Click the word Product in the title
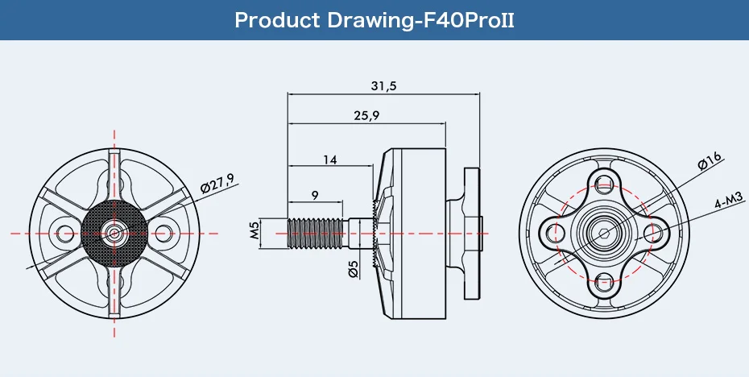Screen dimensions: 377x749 [x=277, y=21]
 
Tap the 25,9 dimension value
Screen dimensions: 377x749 [x=366, y=116]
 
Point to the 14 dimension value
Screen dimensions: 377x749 [x=330, y=159]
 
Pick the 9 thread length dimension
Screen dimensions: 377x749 [x=314, y=195]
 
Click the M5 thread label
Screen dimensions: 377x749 [x=254, y=232]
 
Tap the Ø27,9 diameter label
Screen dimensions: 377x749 [x=218, y=182]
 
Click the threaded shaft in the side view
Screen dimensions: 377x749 [x=317, y=232]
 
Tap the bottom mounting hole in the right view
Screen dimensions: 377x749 [x=604, y=281]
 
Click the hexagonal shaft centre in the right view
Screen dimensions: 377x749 [x=604, y=232]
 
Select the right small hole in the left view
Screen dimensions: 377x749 [x=163, y=233]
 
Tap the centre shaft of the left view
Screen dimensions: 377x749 [x=114, y=233]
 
